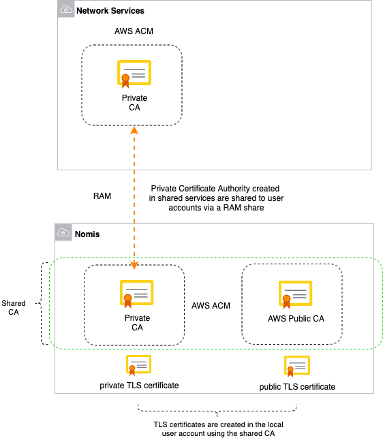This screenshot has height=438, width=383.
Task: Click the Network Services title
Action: point(110,11)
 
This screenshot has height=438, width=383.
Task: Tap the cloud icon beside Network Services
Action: point(65,10)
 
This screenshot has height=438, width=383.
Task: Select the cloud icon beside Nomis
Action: point(63,233)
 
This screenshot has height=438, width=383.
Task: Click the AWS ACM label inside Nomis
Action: point(211,306)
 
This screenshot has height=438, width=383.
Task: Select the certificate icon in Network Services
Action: point(134,74)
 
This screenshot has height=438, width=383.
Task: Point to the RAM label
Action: point(102,195)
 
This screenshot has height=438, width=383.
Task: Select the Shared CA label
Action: point(14,308)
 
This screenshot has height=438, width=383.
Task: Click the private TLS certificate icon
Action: point(138,366)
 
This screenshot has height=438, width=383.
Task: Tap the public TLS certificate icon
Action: point(297,366)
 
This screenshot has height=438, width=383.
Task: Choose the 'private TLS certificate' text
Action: point(139,386)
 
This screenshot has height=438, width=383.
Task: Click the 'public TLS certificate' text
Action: point(297,386)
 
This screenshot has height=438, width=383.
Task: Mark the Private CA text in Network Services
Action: point(134,103)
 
